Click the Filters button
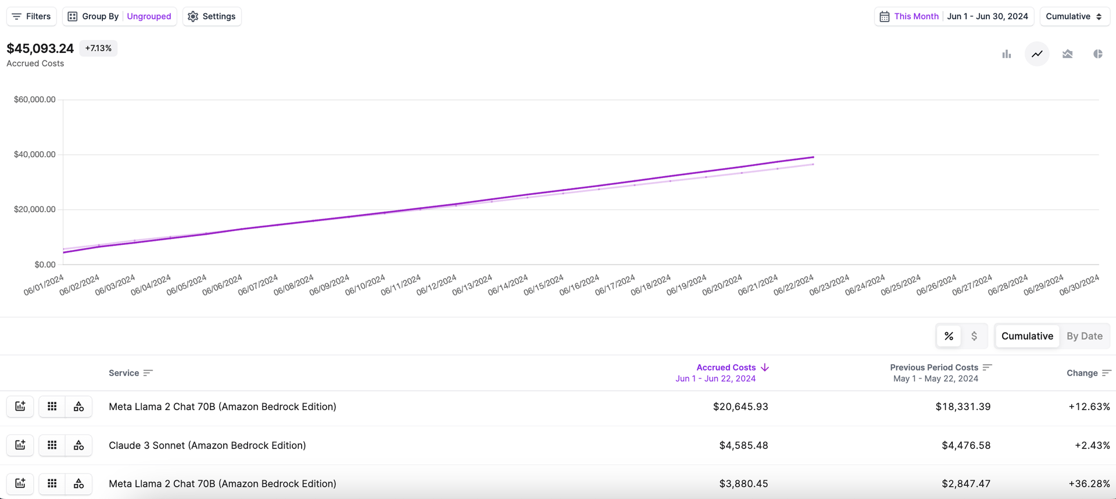click(31, 16)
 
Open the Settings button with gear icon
click(212, 16)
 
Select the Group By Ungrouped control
click(120, 16)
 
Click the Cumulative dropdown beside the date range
click(1074, 16)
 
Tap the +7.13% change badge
click(98, 48)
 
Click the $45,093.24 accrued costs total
click(40, 48)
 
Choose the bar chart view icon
click(1007, 54)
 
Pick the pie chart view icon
click(1097, 54)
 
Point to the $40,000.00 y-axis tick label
click(35, 155)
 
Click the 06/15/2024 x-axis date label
click(543, 285)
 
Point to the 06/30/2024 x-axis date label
click(1079, 285)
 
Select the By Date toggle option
click(1084, 336)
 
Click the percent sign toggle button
click(949, 336)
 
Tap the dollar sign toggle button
click(974, 336)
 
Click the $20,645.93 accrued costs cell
click(741, 407)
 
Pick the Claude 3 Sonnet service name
click(207, 445)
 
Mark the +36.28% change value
click(1089, 484)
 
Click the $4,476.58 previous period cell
click(966, 445)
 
